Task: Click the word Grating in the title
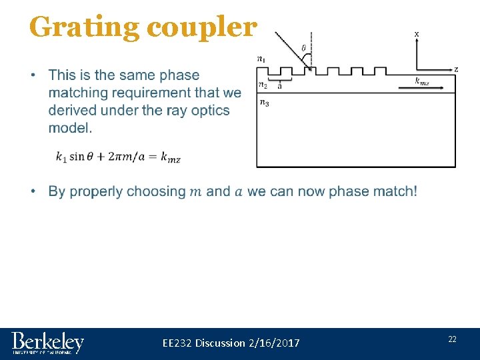[84, 27]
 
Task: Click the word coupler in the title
[201, 27]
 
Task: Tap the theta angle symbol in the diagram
[304, 47]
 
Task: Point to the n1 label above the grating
[261, 59]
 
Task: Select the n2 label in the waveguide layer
[263, 85]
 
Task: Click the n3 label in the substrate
[264, 103]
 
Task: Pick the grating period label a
[279, 85]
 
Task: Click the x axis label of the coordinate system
[417, 33]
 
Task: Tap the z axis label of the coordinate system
[456, 69]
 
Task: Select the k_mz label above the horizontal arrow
[421, 81]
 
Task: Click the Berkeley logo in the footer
[47, 343]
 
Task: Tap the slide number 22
[452, 339]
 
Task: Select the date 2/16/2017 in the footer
[273, 343]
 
